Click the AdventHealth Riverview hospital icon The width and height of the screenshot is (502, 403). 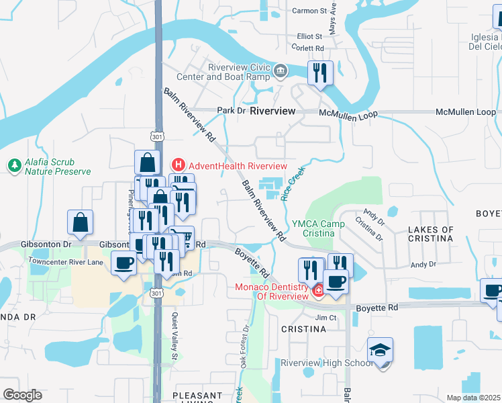point(179,165)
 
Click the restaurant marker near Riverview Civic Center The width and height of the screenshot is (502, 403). point(320,72)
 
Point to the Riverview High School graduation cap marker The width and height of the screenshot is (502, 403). point(380,351)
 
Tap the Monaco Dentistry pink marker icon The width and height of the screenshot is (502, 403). point(319,290)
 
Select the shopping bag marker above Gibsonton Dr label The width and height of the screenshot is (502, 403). point(80,222)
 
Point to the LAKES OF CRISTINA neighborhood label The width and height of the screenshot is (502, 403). point(430,234)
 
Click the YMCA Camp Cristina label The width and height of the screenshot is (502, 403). point(313,228)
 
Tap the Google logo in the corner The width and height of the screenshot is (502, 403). point(22,395)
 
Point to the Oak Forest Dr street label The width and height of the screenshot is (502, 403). point(245,343)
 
